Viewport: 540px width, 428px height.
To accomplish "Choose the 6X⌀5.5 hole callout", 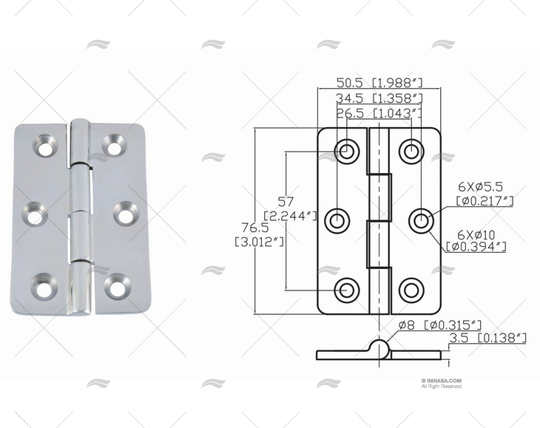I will (485, 194).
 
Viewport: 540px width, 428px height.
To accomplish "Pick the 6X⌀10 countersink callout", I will (477, 240).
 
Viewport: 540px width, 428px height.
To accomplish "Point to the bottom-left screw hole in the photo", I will (44, 288).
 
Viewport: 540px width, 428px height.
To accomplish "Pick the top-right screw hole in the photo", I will (114, 146).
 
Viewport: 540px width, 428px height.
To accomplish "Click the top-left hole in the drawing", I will (346, 152).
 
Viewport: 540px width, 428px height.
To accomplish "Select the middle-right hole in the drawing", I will (420, 220).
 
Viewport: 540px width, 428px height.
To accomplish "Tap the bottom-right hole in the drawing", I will (411, 290).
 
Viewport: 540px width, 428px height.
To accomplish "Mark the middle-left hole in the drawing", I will (338, 220).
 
